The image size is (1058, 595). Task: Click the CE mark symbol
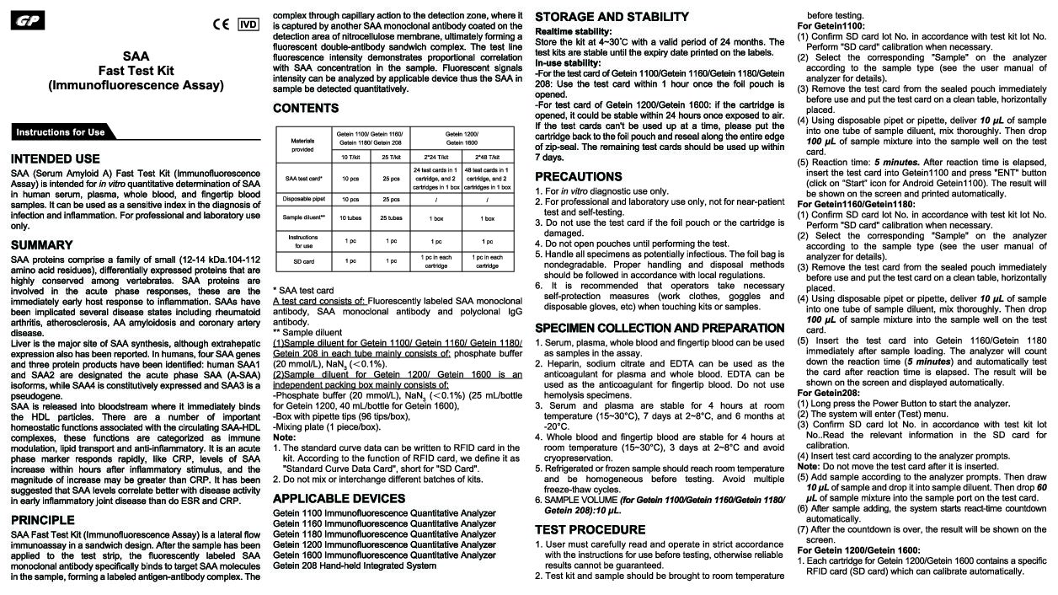point(221,24)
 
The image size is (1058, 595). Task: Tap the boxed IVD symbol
point(248,24)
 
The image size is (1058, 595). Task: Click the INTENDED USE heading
point(56,158)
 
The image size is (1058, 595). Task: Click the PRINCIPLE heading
point(43,520)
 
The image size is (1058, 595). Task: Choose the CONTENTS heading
point(306,108)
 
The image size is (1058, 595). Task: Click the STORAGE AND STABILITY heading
point(612,17)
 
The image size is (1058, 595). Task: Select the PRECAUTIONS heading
point(579,177)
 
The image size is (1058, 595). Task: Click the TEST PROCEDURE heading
point(590,529)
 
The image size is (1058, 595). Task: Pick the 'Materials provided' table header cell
point(302,145)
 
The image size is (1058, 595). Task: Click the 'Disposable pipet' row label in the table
point(302,200)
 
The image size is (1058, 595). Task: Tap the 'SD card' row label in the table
point(302,261)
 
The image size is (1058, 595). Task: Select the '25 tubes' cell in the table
point(391,218)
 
